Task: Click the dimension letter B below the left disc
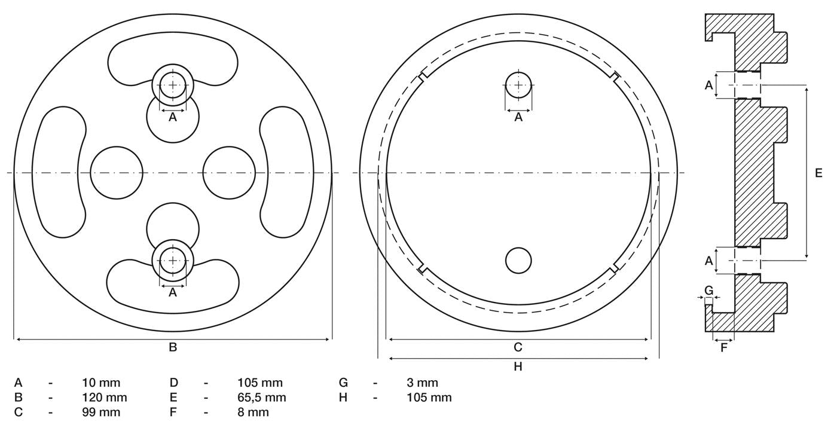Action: tap(173, 347)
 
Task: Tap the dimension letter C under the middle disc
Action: tap(518, 347)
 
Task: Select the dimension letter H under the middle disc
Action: tap(518, 367)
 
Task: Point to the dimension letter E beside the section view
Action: tap(818, 173)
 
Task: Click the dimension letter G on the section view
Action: tap(709, 290)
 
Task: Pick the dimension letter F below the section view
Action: tap(724, 348)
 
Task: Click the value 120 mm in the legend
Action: tap(105, 398)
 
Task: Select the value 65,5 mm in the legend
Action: tap(262, 398)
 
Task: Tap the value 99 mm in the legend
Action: tap(101, 412)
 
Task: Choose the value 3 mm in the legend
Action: tap(422, 383)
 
